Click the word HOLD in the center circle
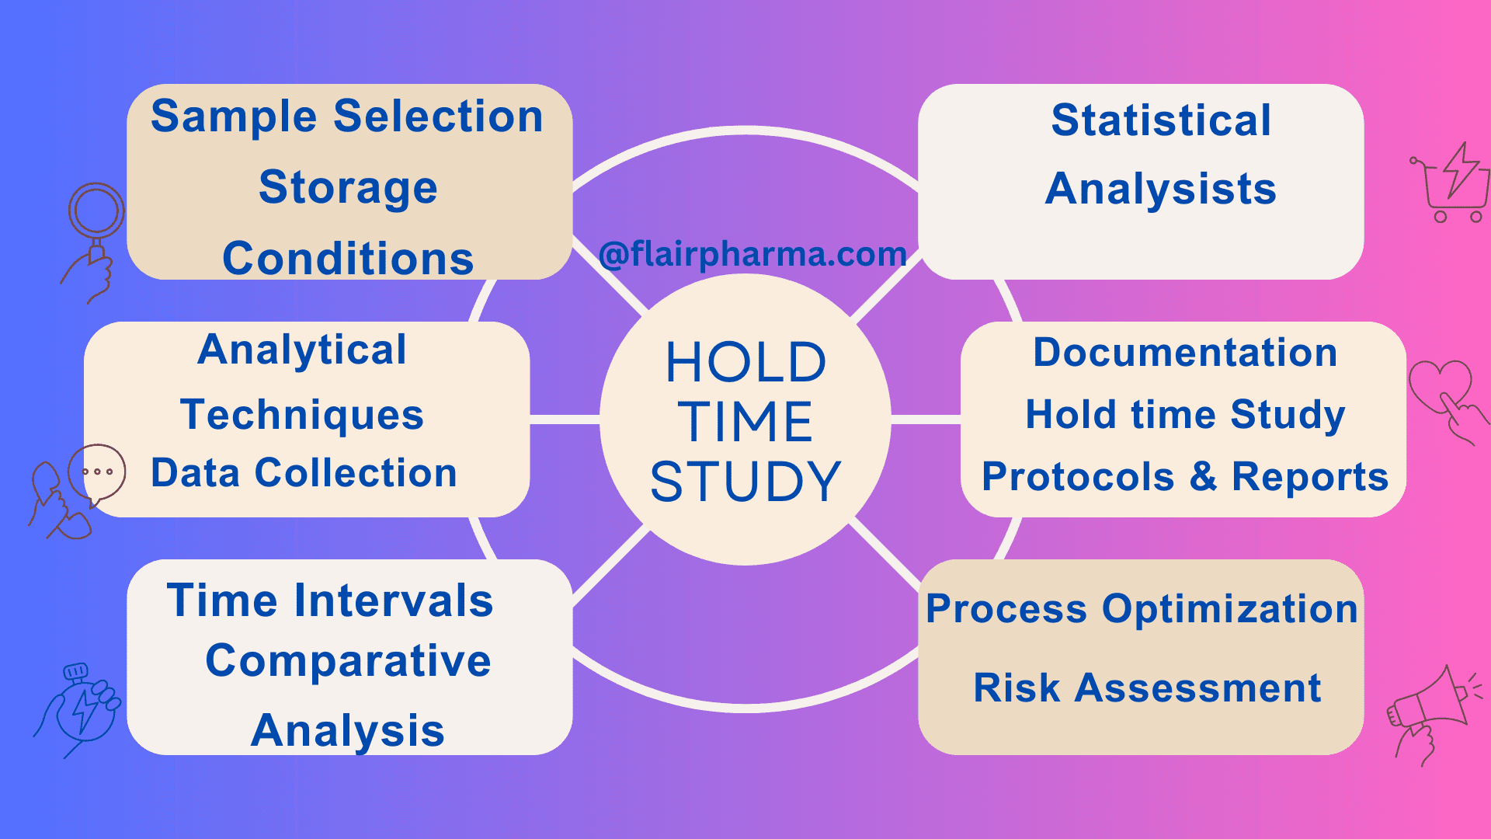click(x=745, y=363)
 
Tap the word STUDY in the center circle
click(x=745, y=481)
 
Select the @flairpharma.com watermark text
click(x=752, y=254)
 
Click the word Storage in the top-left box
click(x=348, y=188)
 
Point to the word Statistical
click(x=1161, y=120)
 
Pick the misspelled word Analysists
click(x=1161, y=189)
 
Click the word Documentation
click(x=1185, y=353)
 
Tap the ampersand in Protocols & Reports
click(x=1203, y=475)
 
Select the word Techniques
click(x=302, y=414)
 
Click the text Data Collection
click(x=304, y=473)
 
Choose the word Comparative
click(x=348, y=661)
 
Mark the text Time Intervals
click(x=330, y=601)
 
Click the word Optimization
click(x=1230, y=608)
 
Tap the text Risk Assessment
click(x=1147, y=688)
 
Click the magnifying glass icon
click(x=96, y=214)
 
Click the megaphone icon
click(x=1430, y=711)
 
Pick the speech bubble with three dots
click(x=98, y=472)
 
